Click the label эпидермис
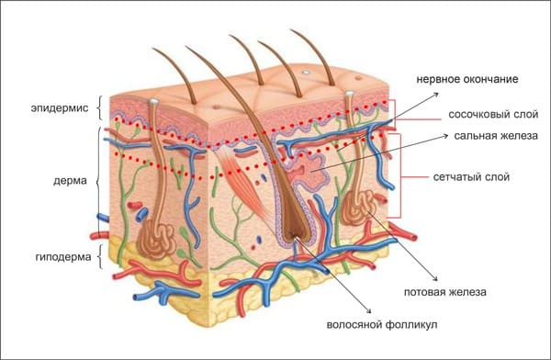pos(60,108)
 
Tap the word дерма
pos(70,181)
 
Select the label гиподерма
pos(63,257)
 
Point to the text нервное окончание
pos(467,79)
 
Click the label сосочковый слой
pos(493,114)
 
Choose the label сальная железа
pos(496,136)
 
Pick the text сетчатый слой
pos(471,176)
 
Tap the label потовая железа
pos(444,292)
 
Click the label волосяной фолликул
pos(382,324)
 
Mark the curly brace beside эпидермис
pos(99,108)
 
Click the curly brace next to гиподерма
pos(99,257)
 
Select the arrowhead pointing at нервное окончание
pos(436,95)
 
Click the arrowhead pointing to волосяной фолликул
pos(369,310)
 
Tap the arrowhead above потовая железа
pos(435,279)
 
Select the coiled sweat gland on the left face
pos(156,240)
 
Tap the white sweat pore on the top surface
pos(306,72)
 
